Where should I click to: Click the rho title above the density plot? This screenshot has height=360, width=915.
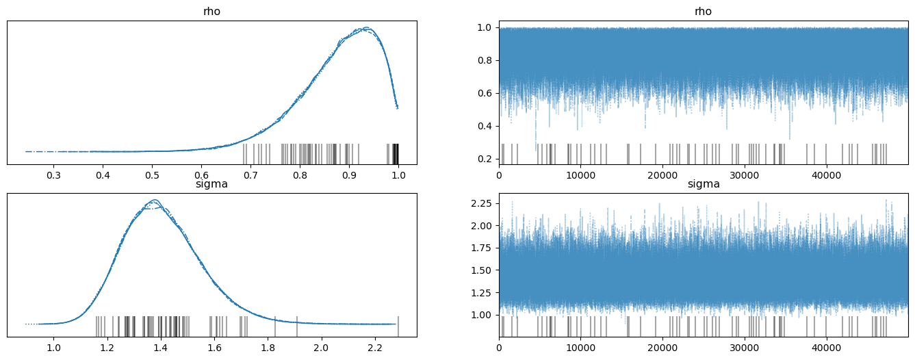click(212, 12)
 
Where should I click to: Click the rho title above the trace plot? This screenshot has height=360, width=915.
click(704, 12)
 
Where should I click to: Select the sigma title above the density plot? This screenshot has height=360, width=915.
click(212, 184)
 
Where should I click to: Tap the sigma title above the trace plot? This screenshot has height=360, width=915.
click(704, 184)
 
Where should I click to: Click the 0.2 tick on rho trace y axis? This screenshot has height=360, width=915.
click(485, 159)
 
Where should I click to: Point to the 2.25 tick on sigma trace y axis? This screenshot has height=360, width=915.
click(482, 203)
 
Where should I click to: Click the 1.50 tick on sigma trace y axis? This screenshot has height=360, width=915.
click(482, 270)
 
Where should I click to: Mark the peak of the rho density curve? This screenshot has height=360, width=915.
click(366, 28)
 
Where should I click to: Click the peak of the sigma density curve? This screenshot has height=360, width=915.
click(155, 200)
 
